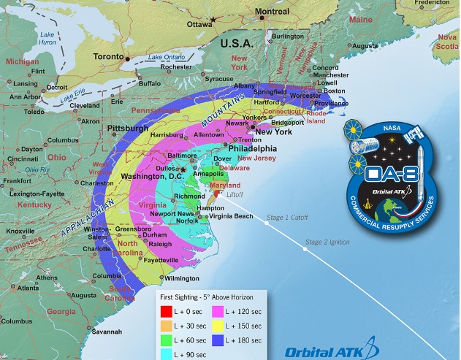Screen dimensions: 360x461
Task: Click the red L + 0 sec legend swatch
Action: tap(167, 311)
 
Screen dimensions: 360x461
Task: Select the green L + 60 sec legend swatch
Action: tap(167, 340)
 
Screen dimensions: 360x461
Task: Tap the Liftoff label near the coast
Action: tap(235, 194)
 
